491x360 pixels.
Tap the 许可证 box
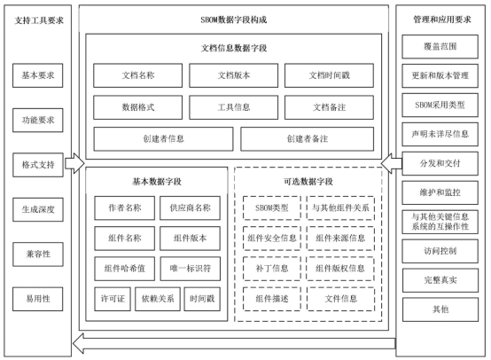[x=110, y=297]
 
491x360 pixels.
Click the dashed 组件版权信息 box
[x=340, y=267]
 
